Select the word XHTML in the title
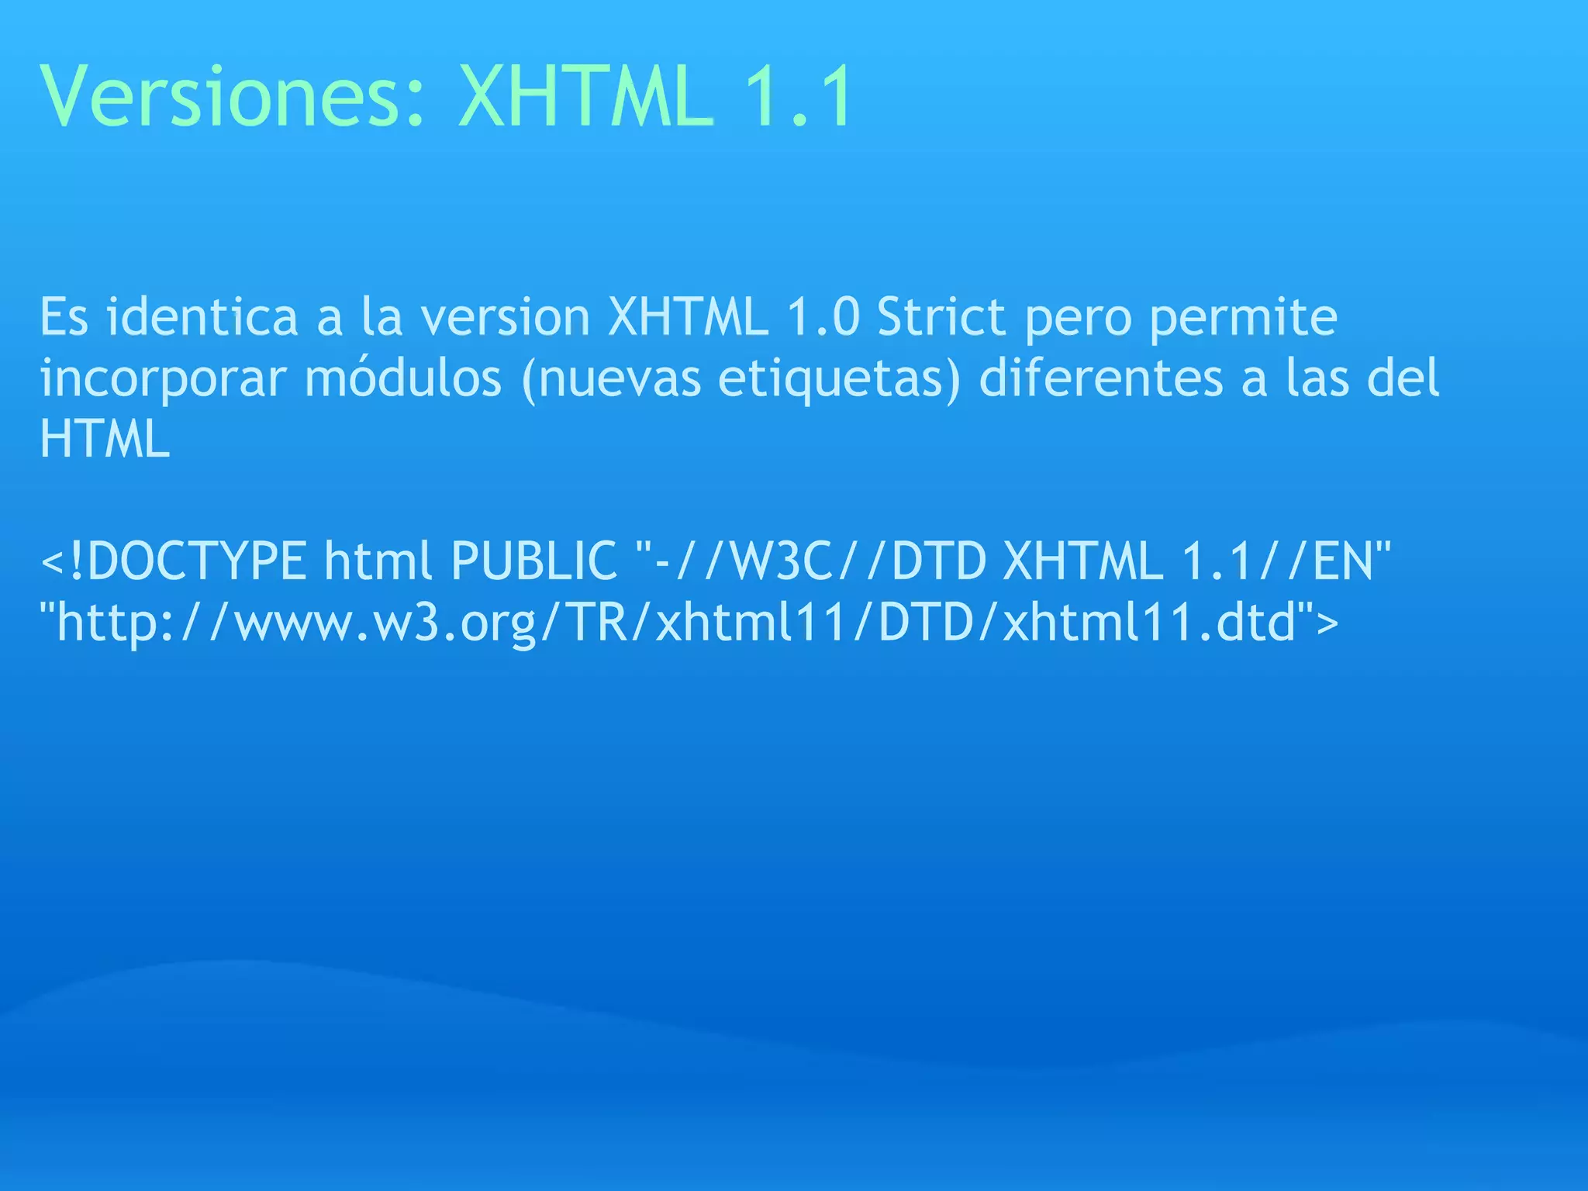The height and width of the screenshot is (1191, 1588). [586, 97]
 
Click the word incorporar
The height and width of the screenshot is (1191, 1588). [163, 379]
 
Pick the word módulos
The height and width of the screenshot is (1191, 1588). [403, 378]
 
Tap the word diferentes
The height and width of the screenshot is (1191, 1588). [1101, 378]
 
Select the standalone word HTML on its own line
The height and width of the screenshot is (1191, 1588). [105, 439]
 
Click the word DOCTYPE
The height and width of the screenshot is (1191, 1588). [197, 561]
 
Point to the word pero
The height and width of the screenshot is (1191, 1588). [1078, 318]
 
